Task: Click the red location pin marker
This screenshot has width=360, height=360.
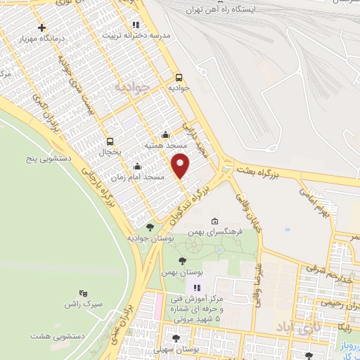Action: click(181, 165)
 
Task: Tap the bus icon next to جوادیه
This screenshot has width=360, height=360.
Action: click(179, 78)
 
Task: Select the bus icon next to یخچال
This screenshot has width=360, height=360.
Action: click(110, 141)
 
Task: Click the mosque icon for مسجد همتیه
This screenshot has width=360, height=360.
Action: click(165, 135)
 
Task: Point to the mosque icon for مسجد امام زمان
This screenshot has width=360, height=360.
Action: click(136, 167)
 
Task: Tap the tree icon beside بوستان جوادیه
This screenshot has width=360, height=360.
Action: click(150, 227)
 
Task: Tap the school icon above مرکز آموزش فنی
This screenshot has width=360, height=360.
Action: click(197, 287)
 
